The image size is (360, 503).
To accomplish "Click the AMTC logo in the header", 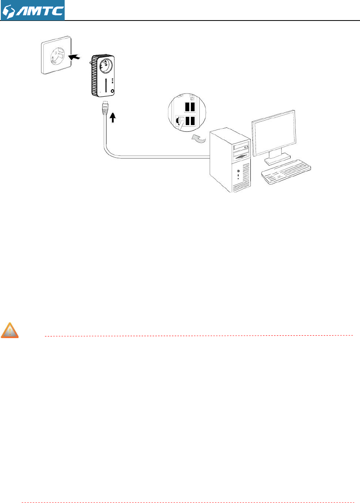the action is click(x=32, y=10).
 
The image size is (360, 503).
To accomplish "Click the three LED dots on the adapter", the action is click(x=113, y=81).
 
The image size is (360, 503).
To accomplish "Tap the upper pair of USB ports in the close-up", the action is click(x=189, y=107).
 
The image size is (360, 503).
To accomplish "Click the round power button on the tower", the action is click(x=238, y=170).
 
